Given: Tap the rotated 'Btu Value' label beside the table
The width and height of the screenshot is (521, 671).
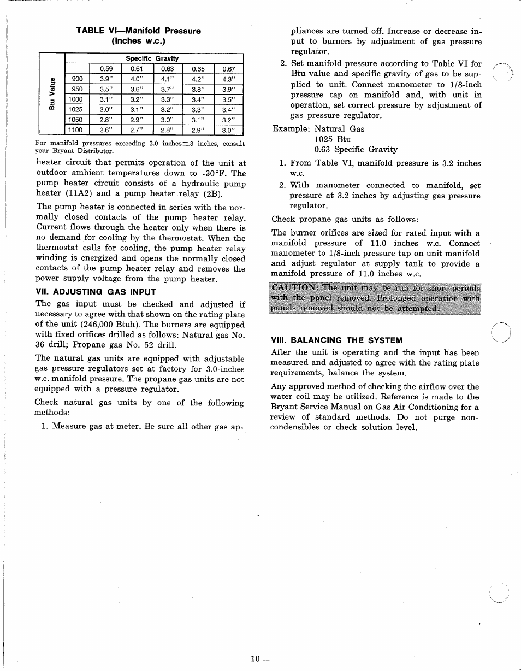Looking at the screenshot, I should click(x=51, y=95).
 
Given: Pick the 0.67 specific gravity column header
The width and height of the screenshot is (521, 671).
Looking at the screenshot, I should click(x=228, y=69).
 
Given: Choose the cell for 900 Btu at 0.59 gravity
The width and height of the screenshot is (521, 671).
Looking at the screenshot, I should click(x=106, y=79).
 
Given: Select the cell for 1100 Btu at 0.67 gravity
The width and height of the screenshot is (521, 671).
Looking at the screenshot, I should click(x=228, y=130).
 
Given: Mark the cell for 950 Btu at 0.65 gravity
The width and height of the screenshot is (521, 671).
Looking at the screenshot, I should click(x=198, y=89).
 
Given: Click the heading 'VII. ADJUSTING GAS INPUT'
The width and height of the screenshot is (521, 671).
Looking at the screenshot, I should click(x=96, y=292).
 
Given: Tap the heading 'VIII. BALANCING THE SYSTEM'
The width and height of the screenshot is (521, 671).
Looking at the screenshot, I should click(x=336, y=340).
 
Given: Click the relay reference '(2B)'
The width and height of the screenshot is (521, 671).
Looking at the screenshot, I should click(x=213, y=193).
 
